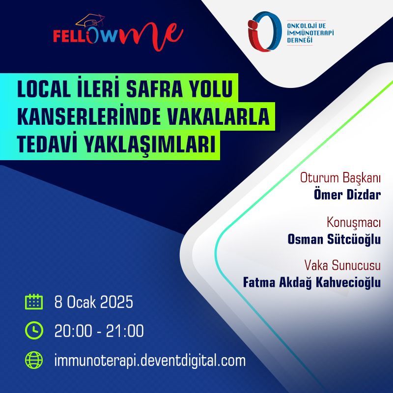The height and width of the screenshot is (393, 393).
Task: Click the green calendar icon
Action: [x=34, y=302]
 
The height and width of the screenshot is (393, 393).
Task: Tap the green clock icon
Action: [x=34, y=330]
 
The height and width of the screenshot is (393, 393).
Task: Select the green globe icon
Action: [x=34, y=360]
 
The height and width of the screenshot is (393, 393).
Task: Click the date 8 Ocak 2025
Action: [x=93, y=302]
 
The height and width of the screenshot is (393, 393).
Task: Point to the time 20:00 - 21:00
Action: [x=99, y=331]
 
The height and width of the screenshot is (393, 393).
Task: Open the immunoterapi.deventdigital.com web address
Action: [x=150, y=361]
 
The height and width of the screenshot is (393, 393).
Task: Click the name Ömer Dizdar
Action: [x=347, y=195]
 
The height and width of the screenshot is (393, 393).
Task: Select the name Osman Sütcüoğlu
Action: [x=334, y=239]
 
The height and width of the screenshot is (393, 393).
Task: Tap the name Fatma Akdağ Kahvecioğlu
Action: [x=312, y=282]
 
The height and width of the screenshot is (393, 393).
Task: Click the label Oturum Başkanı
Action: [x=340, y=178]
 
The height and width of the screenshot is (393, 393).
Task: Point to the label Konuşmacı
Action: [x=354, y=223]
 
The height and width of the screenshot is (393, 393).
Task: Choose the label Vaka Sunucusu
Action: [x=342, y=265]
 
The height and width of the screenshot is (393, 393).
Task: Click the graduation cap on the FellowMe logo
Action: [x=90, y=21]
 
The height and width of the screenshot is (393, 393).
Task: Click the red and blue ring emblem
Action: [x=263, y=31]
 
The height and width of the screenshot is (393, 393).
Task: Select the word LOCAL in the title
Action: [x=44, y=89]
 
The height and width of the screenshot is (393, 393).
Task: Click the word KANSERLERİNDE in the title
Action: [x=88, y=117]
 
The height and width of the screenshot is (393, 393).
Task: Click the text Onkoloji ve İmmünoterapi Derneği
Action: [x=310, y=33]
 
